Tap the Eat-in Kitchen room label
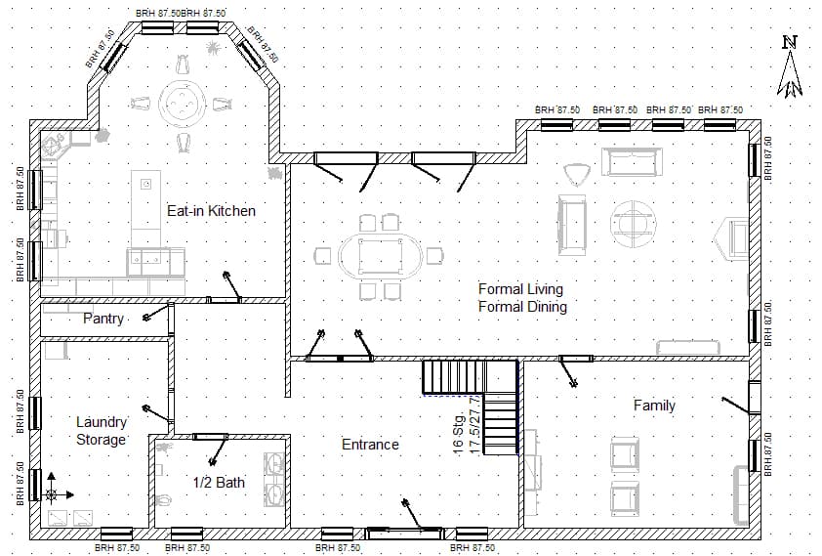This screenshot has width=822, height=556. click(211, 210)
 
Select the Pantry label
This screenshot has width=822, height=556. click(103, 319)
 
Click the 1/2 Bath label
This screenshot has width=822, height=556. click(218, 482)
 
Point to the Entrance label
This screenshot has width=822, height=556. click(370, 444)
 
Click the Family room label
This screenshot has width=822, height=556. click(654, 405)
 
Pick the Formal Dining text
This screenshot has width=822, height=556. click(522, 306)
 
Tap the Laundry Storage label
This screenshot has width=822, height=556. click(102, 431)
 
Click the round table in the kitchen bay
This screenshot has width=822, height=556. click(181, 101)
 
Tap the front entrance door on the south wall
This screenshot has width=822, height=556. click(402, 532)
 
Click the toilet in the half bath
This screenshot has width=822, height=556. click(164, 501)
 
